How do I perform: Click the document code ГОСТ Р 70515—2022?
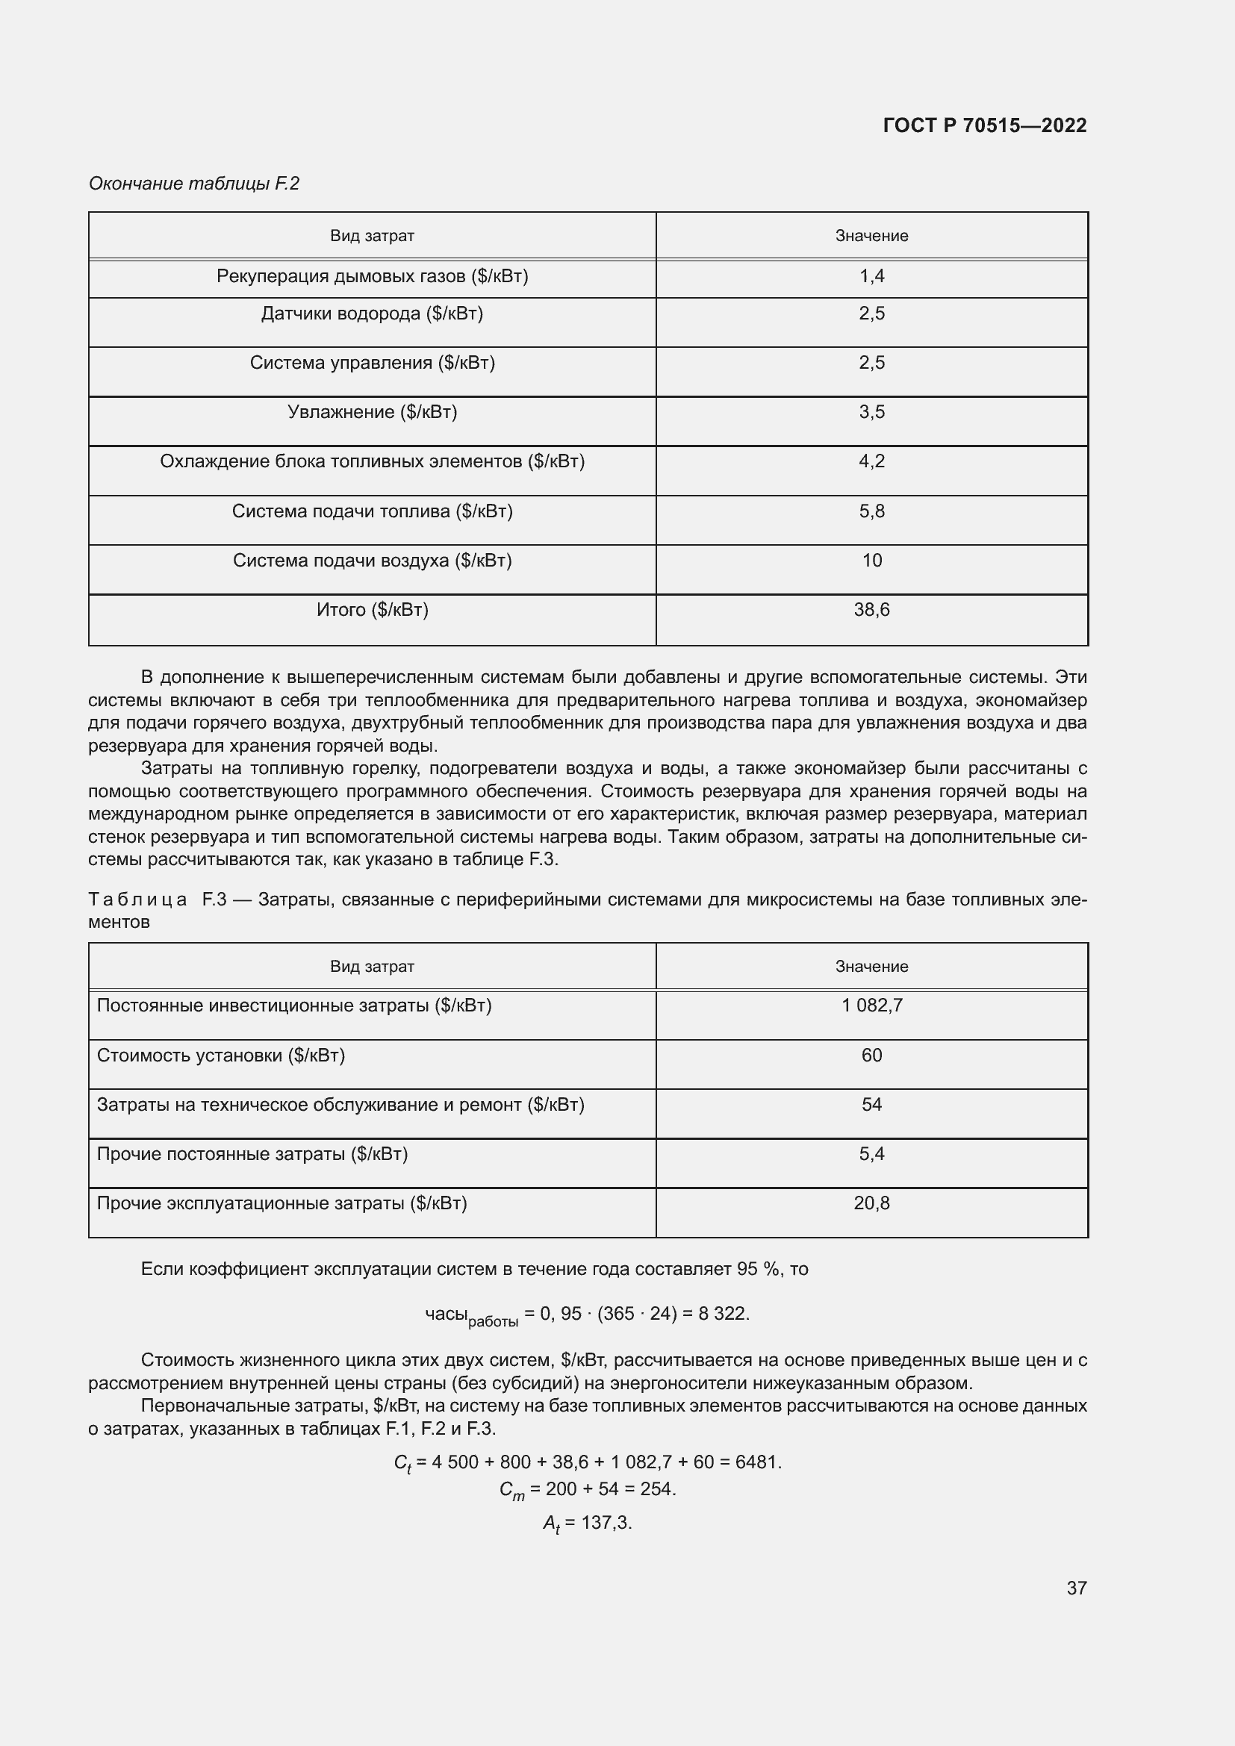point(984,125)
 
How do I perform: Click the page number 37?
point(1076,1588)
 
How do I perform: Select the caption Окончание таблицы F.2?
point(194,184)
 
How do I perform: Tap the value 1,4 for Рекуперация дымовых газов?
point(871,276)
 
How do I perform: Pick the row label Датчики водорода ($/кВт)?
point(372,314)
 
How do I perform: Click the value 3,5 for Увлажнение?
point(871,412)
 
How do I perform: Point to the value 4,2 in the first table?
point(871,461)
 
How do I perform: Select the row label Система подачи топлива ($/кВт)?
point(372,511)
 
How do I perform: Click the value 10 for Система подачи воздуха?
point(871,561)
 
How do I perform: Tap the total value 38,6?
point(871,610)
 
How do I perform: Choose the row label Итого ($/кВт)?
point(372,610)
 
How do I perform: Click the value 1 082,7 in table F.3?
point(871,1005)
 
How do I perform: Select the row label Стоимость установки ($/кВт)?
point(220,1056)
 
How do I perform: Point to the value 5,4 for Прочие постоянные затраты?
point(871,1154)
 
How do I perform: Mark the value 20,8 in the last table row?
point(871,1203)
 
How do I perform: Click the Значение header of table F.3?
point(871,967)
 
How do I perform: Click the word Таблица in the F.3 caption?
point(137,899)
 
